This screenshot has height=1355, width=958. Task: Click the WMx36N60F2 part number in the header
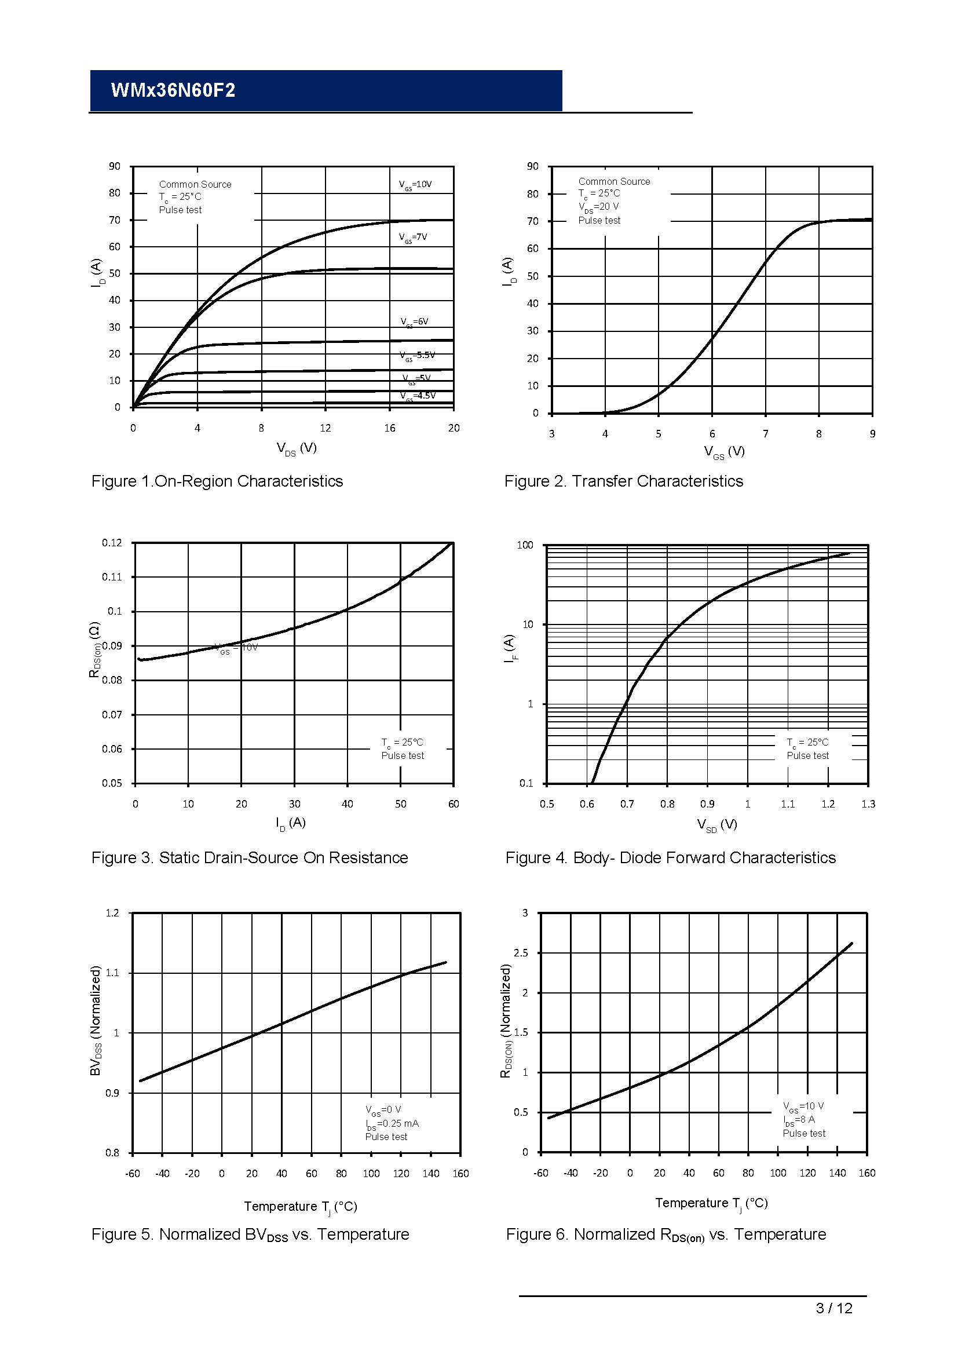coord(173,90)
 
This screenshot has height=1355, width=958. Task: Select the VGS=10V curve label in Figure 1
coord(415,185)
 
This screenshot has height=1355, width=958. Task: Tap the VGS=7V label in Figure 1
coord(413,238)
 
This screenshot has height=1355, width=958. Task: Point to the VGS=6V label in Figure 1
coord(414,322)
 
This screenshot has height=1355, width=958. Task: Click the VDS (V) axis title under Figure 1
coord(297,448)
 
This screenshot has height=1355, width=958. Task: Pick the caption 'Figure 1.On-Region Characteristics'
coord(217,481)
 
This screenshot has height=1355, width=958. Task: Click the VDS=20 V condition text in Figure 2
coord(598,207)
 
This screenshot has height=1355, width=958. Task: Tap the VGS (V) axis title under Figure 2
coord(724,452)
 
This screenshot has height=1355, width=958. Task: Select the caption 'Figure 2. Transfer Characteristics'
coord(624,481)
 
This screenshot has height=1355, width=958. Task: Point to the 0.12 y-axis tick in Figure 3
coord(112,543)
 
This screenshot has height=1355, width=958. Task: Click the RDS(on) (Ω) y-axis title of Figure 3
coord(94,649)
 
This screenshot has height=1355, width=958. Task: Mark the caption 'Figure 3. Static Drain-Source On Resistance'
coord(250,858)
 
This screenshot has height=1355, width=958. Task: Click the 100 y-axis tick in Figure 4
coord(525,545)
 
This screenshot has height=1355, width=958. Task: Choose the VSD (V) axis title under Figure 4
coord(716,824)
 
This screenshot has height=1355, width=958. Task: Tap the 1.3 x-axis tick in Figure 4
coord(868,805)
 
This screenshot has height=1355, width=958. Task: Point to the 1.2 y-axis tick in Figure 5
coord(112,914)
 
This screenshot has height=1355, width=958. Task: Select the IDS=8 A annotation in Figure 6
coord(799,1120)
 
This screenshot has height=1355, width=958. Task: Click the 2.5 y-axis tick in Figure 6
coord(521,953)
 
